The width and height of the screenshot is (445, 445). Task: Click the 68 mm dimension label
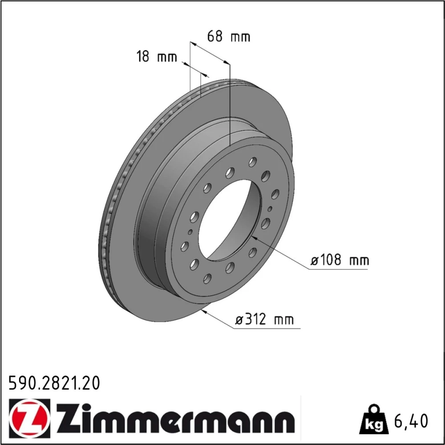pos(228,36)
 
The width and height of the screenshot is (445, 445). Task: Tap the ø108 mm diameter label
pos(340,260)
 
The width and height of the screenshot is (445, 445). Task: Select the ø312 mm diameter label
pos(264,320)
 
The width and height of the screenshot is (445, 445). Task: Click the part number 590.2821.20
pos(54,383)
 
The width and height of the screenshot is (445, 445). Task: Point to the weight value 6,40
pos(411,421)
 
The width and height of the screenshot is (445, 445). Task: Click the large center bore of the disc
pos(229,220)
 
